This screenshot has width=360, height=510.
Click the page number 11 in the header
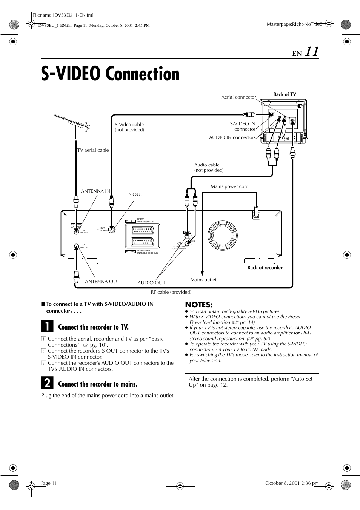[x=312, y=52]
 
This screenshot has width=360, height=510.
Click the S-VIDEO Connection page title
[x=110, y=74]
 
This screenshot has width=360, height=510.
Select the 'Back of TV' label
[x=285, y=94]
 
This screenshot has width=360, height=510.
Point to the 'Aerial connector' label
[x=238, y=97]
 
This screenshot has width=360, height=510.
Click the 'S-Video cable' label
[x=129, y=125]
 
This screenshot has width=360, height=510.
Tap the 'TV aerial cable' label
[x=93, y=150]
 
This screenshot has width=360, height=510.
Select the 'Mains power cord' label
[x=229, y=186]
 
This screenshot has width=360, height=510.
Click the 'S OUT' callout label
[x=136, y=194]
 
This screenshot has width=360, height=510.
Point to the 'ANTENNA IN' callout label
[x=95, y=191]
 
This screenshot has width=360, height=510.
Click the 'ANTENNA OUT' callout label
[x=102, y=282]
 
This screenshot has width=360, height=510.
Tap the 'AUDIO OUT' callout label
[x=151, y=283]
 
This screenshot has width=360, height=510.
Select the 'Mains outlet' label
[x=203, y=280]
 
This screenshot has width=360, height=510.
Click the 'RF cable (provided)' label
[x=171, y=292]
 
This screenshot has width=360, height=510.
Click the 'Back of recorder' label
[x=265, y=268]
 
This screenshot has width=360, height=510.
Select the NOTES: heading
[x=199, y=304]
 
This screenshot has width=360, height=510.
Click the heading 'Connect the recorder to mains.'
[x=98, y=384]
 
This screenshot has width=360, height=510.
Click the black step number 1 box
[x=47, y=327]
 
